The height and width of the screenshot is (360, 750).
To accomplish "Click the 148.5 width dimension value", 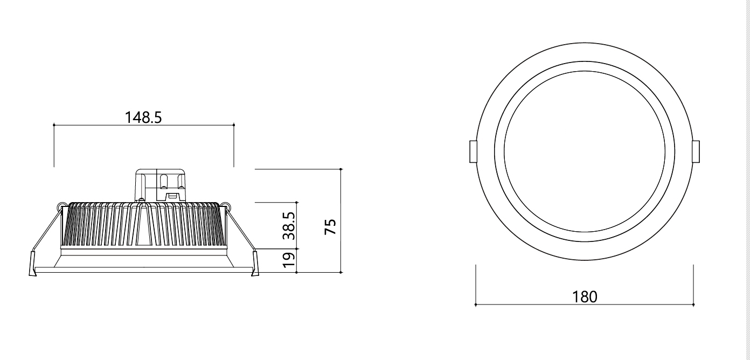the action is click(143, 117).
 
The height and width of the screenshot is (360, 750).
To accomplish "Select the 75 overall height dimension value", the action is click(330, 227).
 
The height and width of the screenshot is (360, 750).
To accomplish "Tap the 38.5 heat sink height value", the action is click(289, 226).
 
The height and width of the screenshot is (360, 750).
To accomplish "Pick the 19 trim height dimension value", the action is click(289, 260).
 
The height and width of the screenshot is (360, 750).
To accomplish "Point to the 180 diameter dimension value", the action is click(585, 297).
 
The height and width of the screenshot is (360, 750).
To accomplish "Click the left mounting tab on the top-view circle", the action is click(473, 151).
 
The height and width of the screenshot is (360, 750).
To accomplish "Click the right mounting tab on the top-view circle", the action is click(696, 151).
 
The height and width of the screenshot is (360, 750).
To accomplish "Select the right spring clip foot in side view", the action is click(255, 264).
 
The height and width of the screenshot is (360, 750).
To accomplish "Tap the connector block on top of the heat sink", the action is click(161, 185).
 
